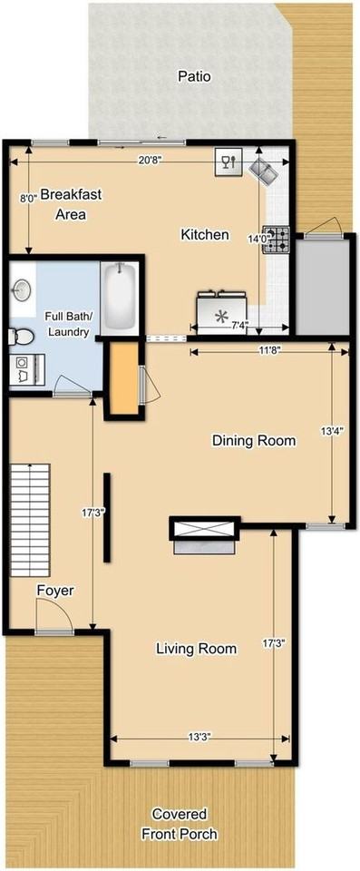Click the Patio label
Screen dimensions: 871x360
pos(194,77)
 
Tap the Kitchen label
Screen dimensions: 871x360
pos(205,235)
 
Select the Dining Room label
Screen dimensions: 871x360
pos(254,441)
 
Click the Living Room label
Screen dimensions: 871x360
pos(196,649)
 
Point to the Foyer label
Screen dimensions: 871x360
pos(54,591)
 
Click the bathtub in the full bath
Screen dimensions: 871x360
pos(119,296)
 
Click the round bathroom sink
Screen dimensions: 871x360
pos(23,290)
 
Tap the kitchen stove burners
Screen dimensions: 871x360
pos(276,239)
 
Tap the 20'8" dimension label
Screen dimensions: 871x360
pos(151,159)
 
